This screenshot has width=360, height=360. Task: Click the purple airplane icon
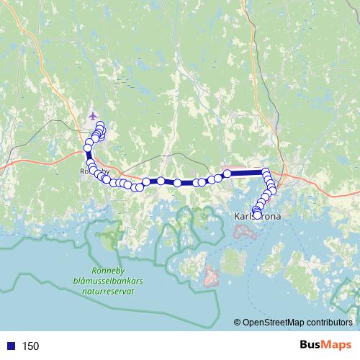point(91,115)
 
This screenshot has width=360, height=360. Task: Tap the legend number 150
point(30,346)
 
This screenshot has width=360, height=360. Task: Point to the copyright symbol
point(237,323)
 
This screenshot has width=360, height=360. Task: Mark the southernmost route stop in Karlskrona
point(257,215)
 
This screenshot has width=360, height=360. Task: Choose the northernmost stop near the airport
point(99,125)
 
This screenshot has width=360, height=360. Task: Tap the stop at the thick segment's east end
point(265,172)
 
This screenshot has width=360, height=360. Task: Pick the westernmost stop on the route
point(88,148)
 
